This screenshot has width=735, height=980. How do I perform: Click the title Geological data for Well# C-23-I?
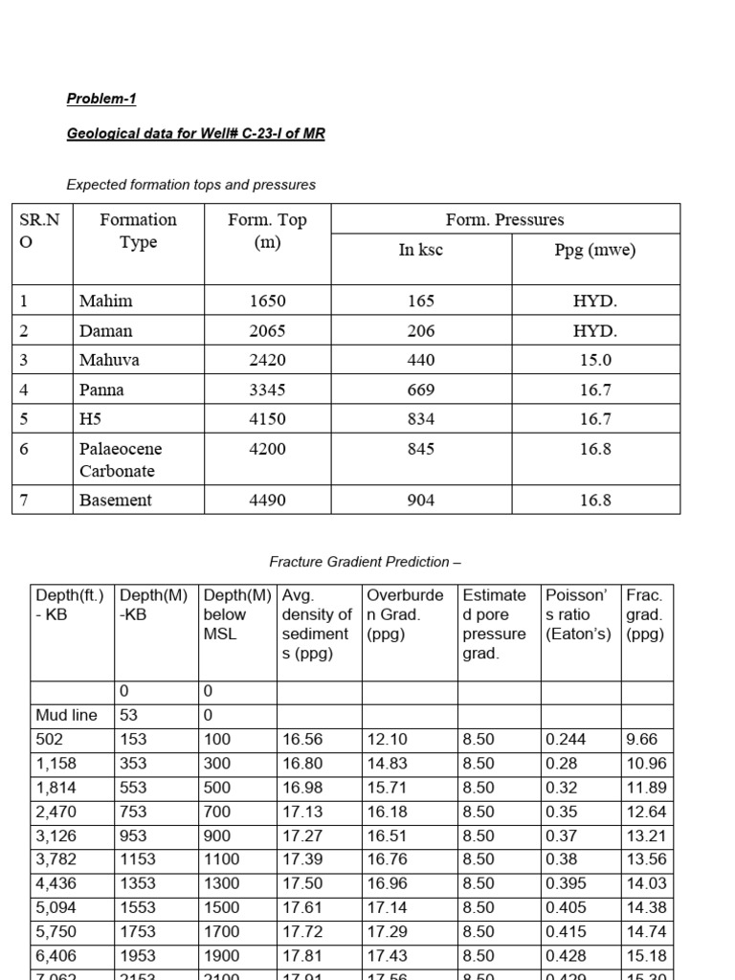(195, 134)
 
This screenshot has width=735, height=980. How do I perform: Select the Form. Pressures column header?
(504, 219)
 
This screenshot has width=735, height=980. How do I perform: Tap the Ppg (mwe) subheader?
(595, 251)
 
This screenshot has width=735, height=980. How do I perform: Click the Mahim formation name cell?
(106, 301)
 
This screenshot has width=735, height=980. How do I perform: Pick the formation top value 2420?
(267, 360)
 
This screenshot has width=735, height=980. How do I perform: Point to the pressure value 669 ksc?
(420, 390)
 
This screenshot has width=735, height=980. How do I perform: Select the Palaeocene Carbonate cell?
(121, 459)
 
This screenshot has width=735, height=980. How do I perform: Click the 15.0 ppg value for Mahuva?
(595, 360)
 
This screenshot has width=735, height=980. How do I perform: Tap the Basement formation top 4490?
(267, 500)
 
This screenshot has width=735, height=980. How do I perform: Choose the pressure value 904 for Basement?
(420, 500)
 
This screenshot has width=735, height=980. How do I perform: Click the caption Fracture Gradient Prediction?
(366, 562)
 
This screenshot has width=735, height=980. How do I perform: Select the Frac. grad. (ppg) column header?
(646, 614)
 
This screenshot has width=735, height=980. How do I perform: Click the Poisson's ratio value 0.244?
(567, 740)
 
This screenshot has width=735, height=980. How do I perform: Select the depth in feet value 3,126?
(56, 835)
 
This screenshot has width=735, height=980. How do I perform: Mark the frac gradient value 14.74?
(646, 931)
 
